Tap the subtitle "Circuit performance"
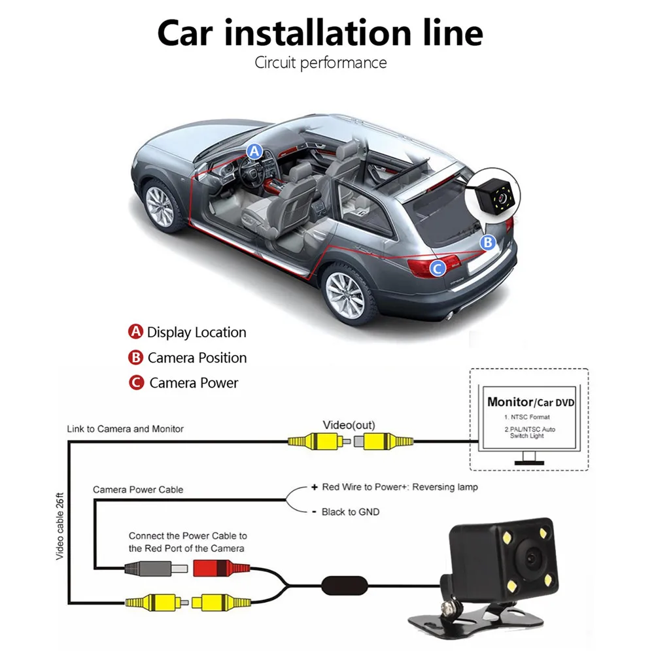(x=320, y=63)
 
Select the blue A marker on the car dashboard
(x=254, y=152)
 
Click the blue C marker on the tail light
(x=437, y=267)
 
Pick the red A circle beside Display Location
(x=135, y=331)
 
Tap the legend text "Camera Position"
(x=197, y=358)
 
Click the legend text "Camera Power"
(x=194, y=383)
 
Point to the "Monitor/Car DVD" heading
(x=530, y=402)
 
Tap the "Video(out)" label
(x=349, y=426)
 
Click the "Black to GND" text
(x=350, y=512)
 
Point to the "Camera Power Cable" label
(x=138, y=489)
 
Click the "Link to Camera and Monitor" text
(x=125, y=429)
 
